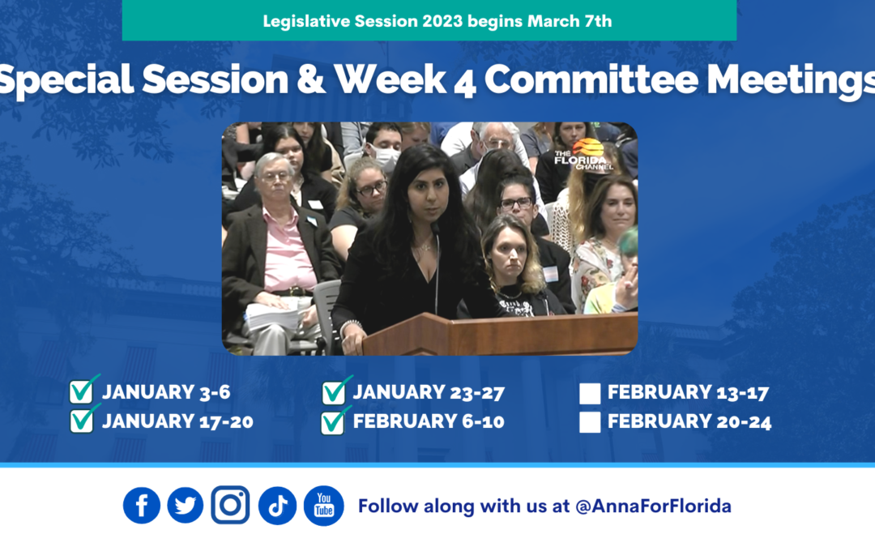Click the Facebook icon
coord(142,506)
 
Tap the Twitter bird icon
coord(186,506)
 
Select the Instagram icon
coord(230,505)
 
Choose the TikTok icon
coord(277,506)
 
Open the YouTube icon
coord(323,506)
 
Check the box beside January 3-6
coord(82,392)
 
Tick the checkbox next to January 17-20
coord(82,421)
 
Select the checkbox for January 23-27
coord(334,393)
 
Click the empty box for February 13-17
coord(590,393)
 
